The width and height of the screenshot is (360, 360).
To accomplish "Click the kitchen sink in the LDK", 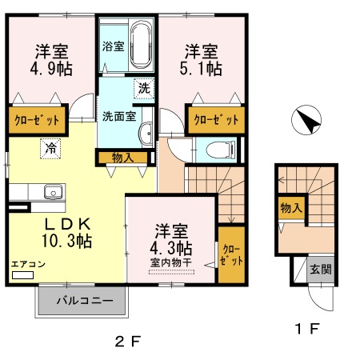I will coord(53,191).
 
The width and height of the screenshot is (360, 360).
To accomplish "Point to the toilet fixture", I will coord(221,150).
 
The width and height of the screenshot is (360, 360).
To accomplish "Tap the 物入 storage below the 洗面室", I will coord(123,158).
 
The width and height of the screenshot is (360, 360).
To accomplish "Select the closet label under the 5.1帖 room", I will coord(215,120).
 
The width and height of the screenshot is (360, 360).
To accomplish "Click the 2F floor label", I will coord(127,341).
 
